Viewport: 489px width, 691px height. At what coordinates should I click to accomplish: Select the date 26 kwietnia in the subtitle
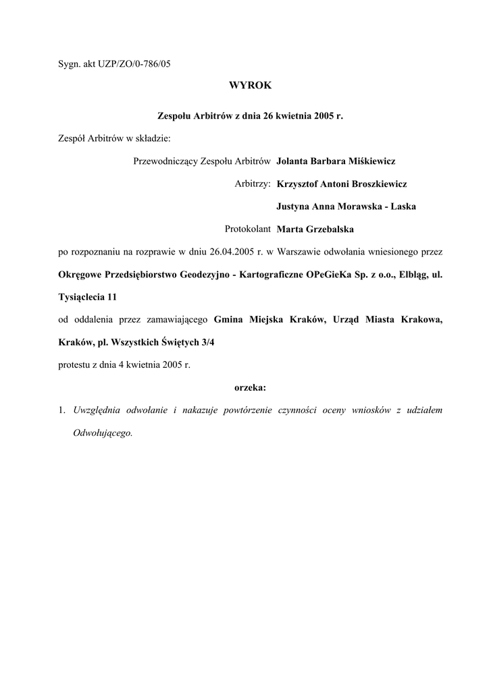pos(282,116)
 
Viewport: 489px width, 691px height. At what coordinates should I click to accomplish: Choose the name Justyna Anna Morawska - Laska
pos(346,206)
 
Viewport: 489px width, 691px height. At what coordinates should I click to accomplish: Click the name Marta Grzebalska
pos(315,229)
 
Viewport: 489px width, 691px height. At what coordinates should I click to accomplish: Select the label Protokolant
pos(248,229)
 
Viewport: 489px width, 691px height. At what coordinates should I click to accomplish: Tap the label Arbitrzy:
pos(253,184)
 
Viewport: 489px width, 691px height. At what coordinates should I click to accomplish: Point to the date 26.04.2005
pos(232,252)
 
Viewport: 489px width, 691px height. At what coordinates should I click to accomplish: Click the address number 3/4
pos(209,342)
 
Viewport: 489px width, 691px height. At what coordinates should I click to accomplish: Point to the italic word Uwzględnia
pos(95,410)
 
